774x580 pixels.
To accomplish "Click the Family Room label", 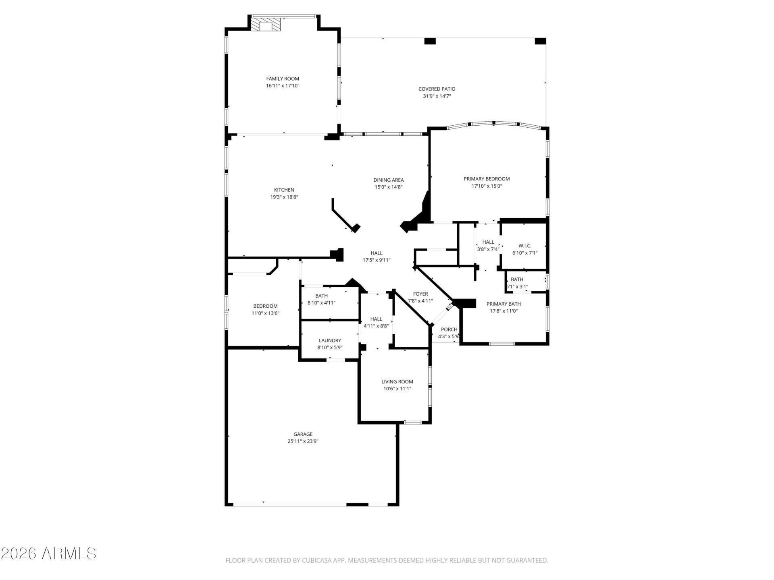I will point(282,79).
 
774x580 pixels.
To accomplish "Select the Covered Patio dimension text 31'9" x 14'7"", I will point(437,96).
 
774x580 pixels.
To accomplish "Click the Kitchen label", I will point(284,190).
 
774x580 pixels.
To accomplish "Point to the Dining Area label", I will point(388,180).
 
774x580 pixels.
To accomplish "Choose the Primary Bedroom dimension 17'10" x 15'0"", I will point(487,186).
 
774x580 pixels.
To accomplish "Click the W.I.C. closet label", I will point(524,246).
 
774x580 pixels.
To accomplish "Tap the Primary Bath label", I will point(504,304).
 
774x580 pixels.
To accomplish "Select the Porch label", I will point(449,329).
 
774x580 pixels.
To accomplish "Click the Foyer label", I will point(420,294).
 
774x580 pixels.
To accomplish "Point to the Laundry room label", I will point(330,340).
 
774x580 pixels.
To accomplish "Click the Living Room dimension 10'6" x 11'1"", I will point(397,389).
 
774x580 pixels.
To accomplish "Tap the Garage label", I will point(303,434).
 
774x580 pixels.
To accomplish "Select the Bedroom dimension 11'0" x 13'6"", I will point(265,313).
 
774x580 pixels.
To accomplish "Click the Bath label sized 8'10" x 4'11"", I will point(321,296).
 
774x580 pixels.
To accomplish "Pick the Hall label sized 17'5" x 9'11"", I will point(376,253).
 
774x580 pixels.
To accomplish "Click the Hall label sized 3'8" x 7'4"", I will point(488,242).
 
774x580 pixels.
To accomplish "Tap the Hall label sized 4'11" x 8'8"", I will point(376,319).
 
